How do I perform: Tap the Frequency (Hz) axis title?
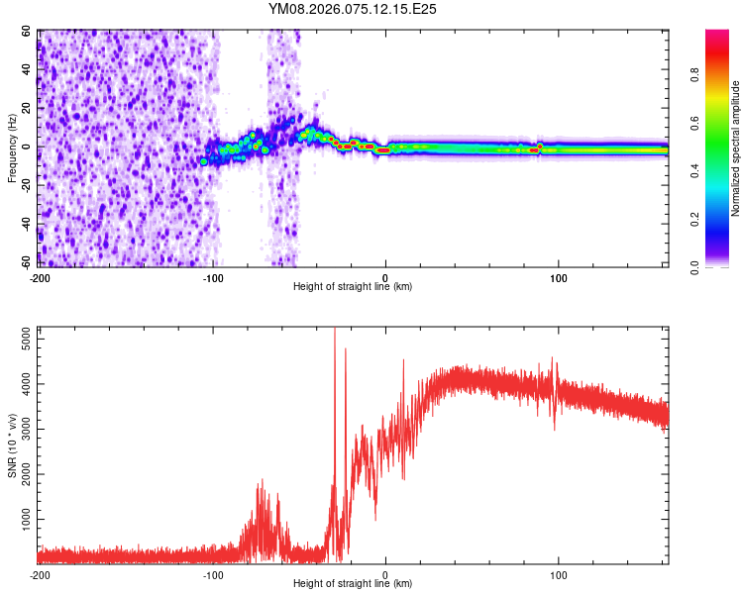click(12, 148)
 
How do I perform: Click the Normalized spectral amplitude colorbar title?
click(736, 148)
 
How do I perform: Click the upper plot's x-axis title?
click(353, 286)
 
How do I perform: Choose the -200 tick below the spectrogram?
click(40, 277)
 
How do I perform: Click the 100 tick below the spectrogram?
click(559, 277)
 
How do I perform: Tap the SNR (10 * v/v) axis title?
click(12, 445)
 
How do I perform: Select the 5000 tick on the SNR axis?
click(21, 341)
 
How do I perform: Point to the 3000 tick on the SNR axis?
click(21, 430)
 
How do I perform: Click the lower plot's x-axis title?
click(353, 583)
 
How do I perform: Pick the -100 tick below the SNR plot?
click(213, 574)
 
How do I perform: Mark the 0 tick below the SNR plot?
click(386, 574)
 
